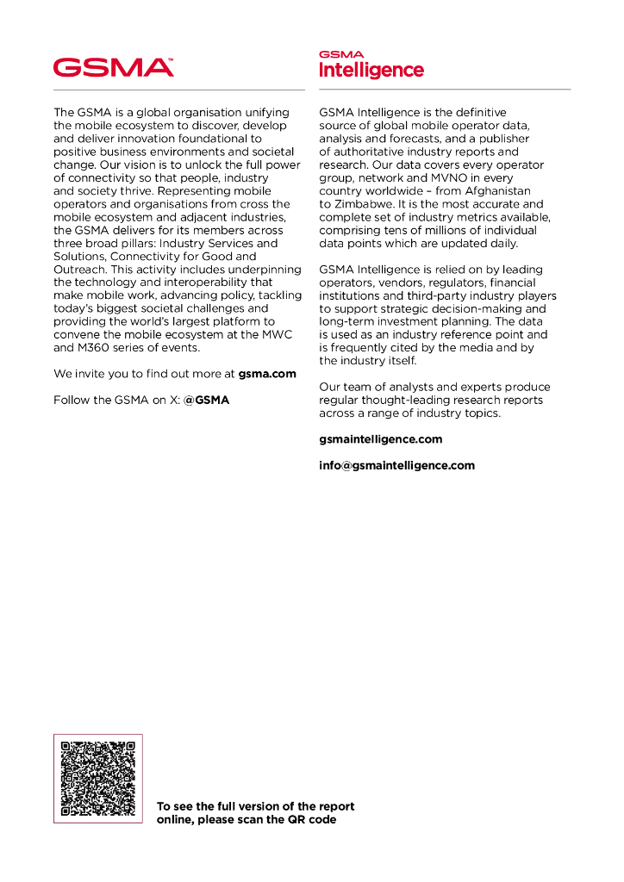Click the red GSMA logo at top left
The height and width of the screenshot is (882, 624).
114,67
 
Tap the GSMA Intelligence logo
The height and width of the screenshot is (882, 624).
371,65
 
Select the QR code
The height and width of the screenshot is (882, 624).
98,778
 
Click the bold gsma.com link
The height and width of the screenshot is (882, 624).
267,374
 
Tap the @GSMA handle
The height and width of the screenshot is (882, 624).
206,401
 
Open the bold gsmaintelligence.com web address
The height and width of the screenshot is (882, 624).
380,439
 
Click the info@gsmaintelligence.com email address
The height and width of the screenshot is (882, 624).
396,465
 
